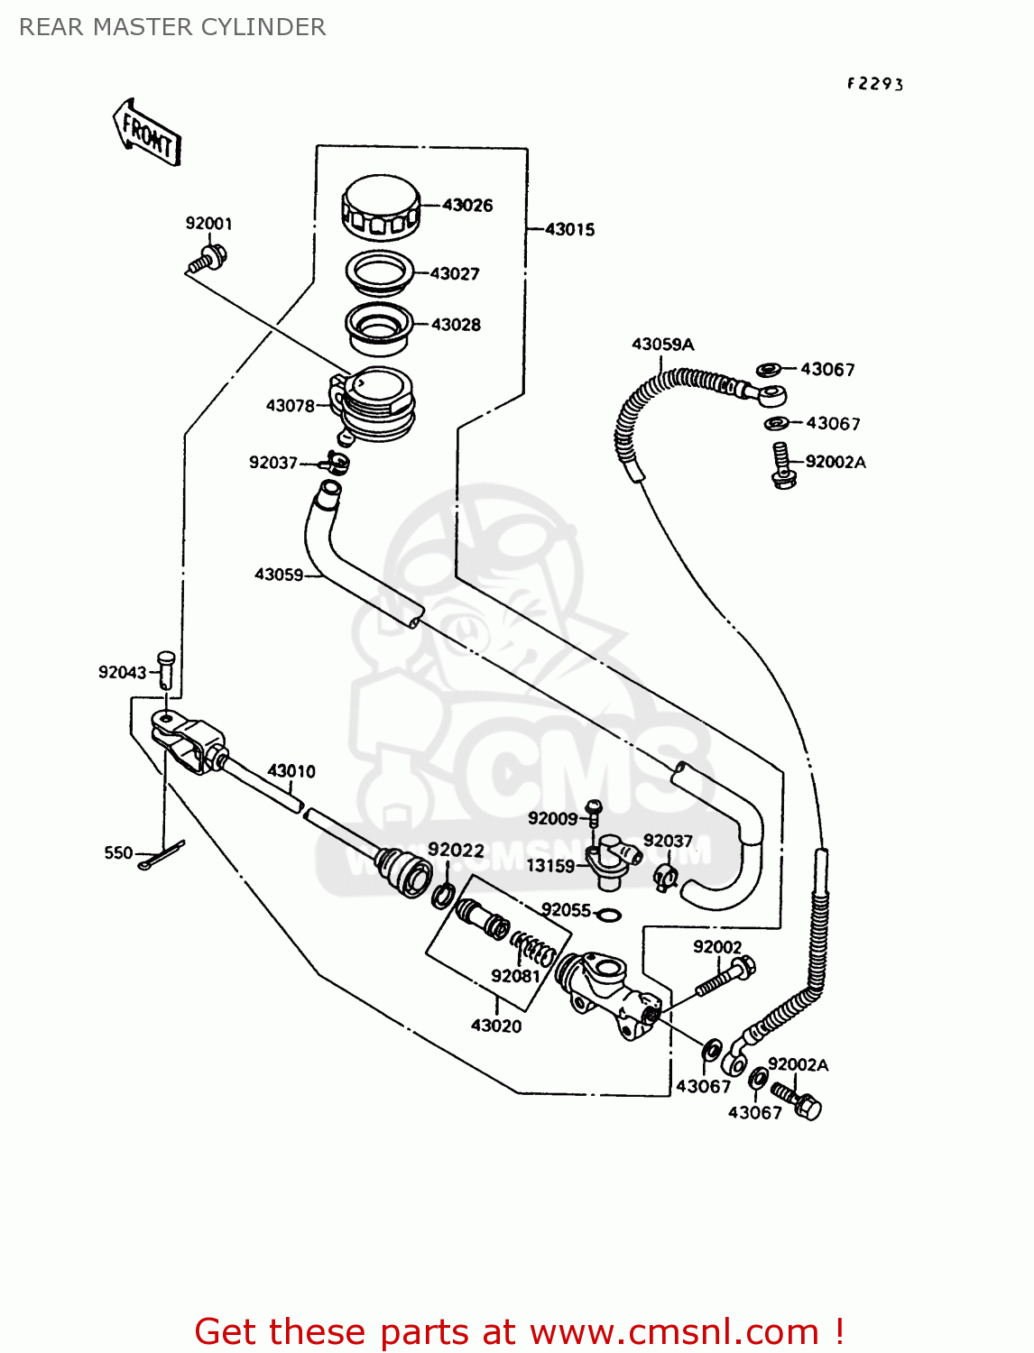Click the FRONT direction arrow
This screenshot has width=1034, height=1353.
tap(147, 133)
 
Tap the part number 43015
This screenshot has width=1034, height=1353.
tap(569, 230)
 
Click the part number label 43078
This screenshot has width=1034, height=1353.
tap(290, 406)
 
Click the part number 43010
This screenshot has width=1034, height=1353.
tap(291, 771)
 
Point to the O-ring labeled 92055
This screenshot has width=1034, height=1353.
tap(609, 916)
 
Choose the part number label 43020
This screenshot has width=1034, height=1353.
tap(495, 1026)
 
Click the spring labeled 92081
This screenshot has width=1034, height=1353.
tap(534, 949)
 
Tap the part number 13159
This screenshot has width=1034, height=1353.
tap(549, 866)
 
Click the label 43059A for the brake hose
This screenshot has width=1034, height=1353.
tap(662, 345)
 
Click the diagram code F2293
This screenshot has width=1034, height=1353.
tap(874, 84)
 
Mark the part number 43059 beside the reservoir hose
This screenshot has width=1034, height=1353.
tap(279, 575)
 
